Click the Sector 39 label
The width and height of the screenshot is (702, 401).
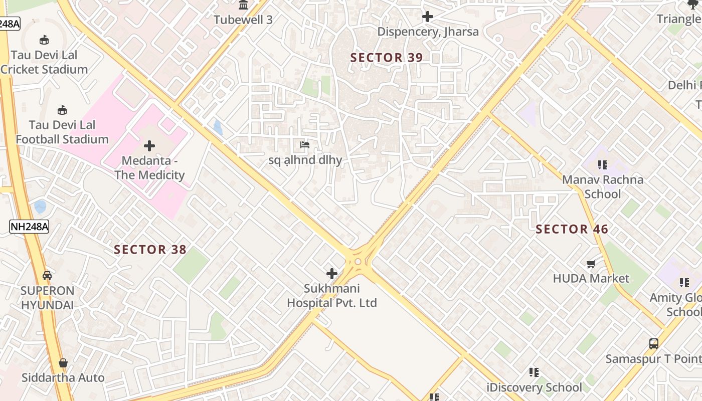pos(387,58)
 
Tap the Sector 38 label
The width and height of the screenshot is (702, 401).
pos(150,250)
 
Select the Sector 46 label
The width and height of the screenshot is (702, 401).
pos(572,230)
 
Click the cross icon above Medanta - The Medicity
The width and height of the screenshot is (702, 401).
pos(149,146)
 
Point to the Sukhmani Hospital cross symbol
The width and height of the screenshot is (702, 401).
pos(331,274)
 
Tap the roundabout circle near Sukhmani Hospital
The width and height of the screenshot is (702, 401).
pos(358,262)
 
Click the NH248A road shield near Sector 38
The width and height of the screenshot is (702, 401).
pos(29,227)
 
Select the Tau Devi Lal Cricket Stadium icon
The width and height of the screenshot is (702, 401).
pos(44,40)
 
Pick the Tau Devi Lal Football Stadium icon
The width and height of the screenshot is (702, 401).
pos(62,110)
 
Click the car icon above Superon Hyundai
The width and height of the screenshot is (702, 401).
pos(47,275)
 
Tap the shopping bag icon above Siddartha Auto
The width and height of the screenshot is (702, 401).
pos(63,362)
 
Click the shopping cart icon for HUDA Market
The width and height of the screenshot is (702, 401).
pos(591,264)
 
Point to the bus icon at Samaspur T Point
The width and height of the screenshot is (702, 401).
pos(653,344)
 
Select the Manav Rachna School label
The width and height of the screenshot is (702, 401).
pos(602,186)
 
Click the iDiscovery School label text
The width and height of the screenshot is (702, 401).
pos(535,387)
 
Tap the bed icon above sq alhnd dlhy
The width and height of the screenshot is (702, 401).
pos(304,145)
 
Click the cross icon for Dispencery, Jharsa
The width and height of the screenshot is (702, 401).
pos(427,17)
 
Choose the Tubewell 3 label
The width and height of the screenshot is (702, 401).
pos(243,20)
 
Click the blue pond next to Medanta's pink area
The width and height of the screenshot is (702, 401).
pos(218,127)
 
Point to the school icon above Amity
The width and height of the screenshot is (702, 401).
pos(684,283)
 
